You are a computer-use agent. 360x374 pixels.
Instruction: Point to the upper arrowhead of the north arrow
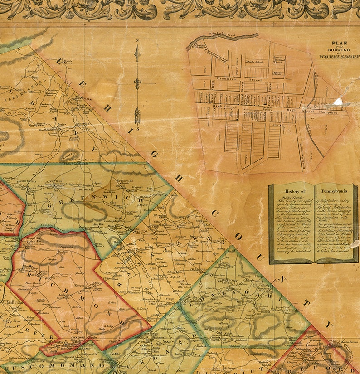137,53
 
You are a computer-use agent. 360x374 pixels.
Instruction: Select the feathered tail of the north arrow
137,116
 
